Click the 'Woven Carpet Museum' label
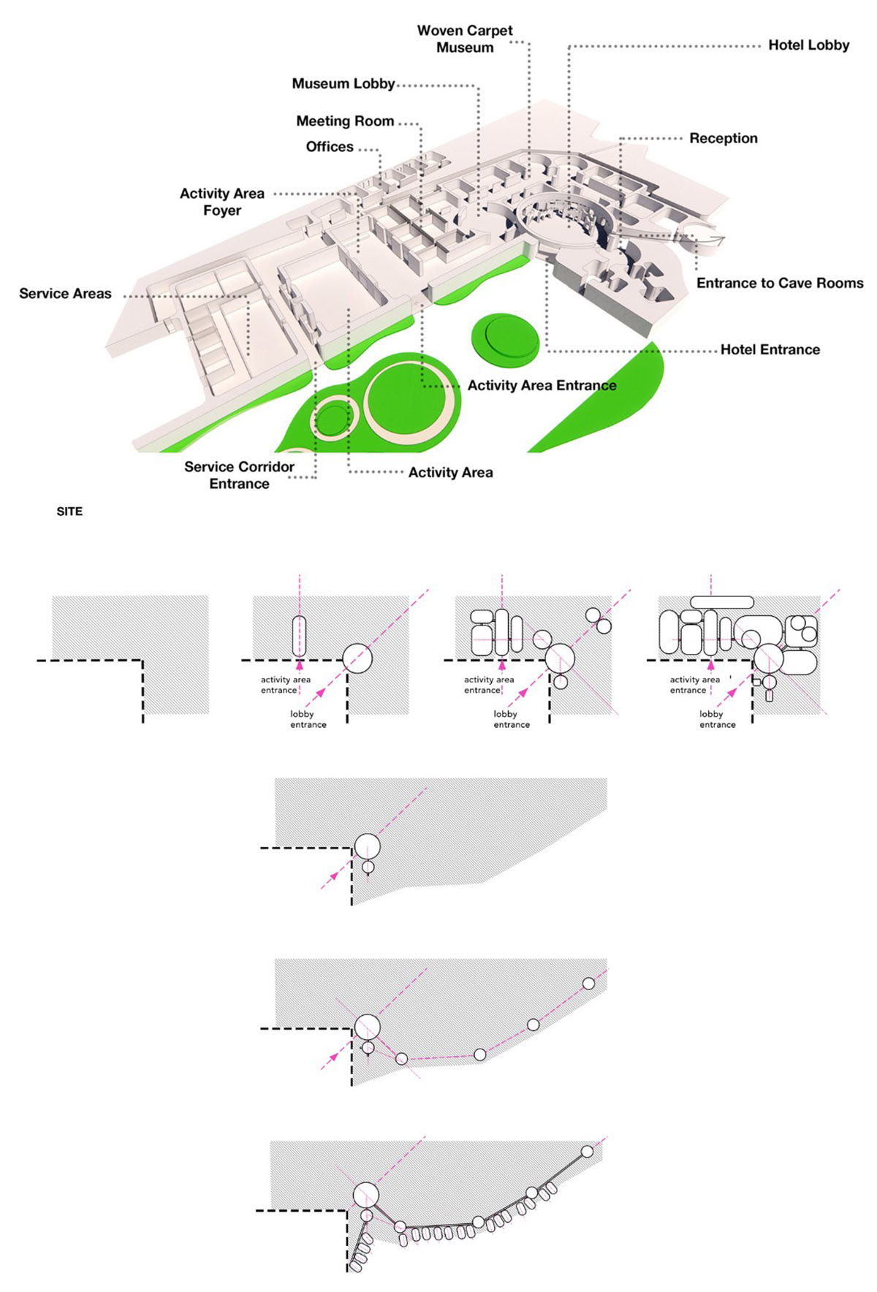465,39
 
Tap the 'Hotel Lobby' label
808,45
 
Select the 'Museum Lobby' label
343,84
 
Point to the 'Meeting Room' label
345,121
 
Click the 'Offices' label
330,147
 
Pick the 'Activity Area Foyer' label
222,202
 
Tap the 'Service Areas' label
65,294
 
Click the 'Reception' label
723,138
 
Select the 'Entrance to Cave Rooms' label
780,284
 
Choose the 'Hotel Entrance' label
770,350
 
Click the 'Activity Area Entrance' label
542,386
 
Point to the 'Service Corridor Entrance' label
239,475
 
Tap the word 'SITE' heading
69,512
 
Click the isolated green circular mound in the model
506,340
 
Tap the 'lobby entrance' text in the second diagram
308,719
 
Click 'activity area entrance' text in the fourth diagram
694,685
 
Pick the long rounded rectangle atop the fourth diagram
721,602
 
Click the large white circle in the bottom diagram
365,1196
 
